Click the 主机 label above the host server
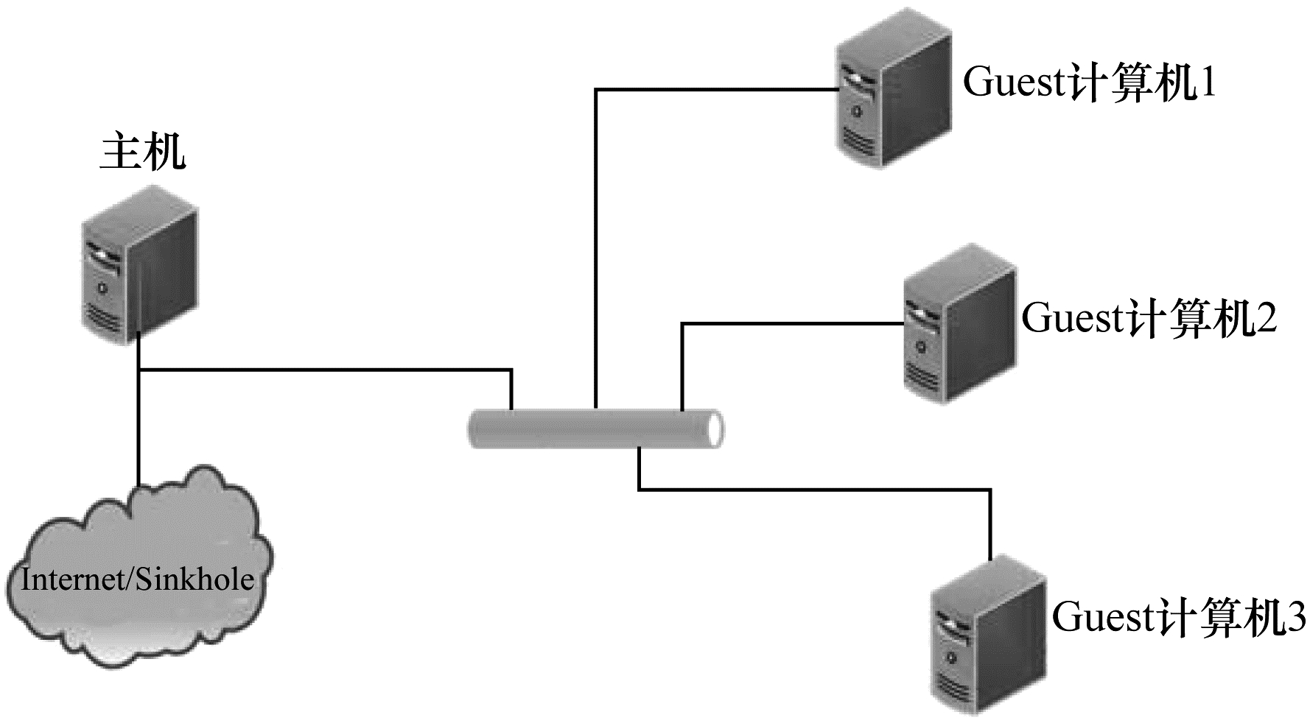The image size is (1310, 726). (x=143, y=152)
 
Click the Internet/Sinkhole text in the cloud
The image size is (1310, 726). (x=138, y=580)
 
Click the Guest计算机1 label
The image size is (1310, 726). (x=1089, y=83)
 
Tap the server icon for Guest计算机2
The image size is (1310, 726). (x=959, y=323)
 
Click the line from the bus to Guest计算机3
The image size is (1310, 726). (x=810, y=489)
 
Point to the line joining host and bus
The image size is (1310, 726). (x=324, y=368)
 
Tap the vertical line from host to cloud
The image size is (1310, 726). (x=139, y=427)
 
